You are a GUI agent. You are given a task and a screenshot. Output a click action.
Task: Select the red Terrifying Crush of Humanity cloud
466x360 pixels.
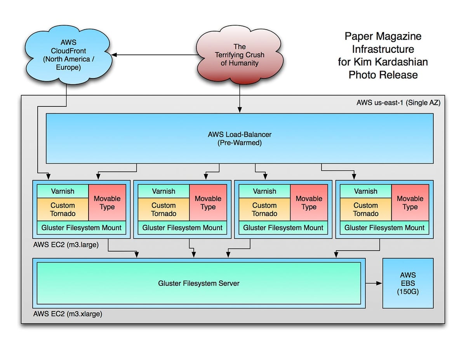tap(239, 55)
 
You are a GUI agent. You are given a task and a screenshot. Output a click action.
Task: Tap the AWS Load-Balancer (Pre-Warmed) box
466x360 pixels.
tap(240, 138)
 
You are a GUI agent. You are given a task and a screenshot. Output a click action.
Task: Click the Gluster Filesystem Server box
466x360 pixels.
tap(198, 283)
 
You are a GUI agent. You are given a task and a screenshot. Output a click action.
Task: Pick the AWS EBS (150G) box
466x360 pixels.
tap(408, 283)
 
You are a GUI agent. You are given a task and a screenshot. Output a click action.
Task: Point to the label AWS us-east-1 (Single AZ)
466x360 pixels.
tap(398, 103)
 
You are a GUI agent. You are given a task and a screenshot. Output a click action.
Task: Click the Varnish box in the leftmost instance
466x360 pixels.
tap(63, 191)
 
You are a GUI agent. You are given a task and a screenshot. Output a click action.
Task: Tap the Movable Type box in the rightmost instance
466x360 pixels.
tap(410, 203)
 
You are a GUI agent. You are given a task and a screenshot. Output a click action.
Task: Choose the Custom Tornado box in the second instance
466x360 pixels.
tap(163, 209)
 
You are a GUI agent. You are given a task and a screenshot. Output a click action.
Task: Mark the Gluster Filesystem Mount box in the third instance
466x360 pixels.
tap(283, 228)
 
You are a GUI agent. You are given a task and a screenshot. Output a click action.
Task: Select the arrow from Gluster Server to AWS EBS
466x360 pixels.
tap(374, 283)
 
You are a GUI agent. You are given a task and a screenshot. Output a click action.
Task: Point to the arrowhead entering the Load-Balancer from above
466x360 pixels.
tap(240, 110)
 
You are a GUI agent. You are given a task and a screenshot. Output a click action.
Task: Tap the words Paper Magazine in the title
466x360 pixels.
tap(383, 37)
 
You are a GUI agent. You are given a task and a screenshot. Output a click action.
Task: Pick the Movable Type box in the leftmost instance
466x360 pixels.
tap(107, 203)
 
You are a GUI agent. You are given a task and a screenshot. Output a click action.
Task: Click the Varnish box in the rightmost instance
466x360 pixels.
tap(365, 191)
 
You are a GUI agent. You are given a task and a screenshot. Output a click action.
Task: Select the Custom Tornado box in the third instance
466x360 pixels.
tap(264, 209)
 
